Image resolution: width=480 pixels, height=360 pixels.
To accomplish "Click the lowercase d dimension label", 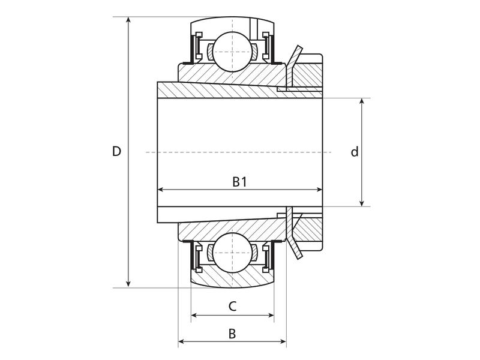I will coord(355,152).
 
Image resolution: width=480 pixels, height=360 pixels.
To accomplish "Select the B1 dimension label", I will coord(239,182).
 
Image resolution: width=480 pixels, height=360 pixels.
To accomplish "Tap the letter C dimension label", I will coord(232,307).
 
